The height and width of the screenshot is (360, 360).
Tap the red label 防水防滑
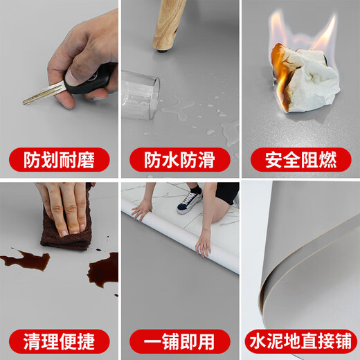pyautogui.click(x=179, y=160)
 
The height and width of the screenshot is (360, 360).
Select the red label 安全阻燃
pyautogui.click(x=300, y=160)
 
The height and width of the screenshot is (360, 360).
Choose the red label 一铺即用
pyautogui.click(x=179, y=341)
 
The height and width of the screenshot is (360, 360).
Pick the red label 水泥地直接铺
pyautogui.click(x=300, y=341)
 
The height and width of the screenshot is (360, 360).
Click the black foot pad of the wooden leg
pyautogui.click(x=163, y=49)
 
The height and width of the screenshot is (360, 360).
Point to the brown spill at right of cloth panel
pyautogui.click(x=105, y=270)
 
